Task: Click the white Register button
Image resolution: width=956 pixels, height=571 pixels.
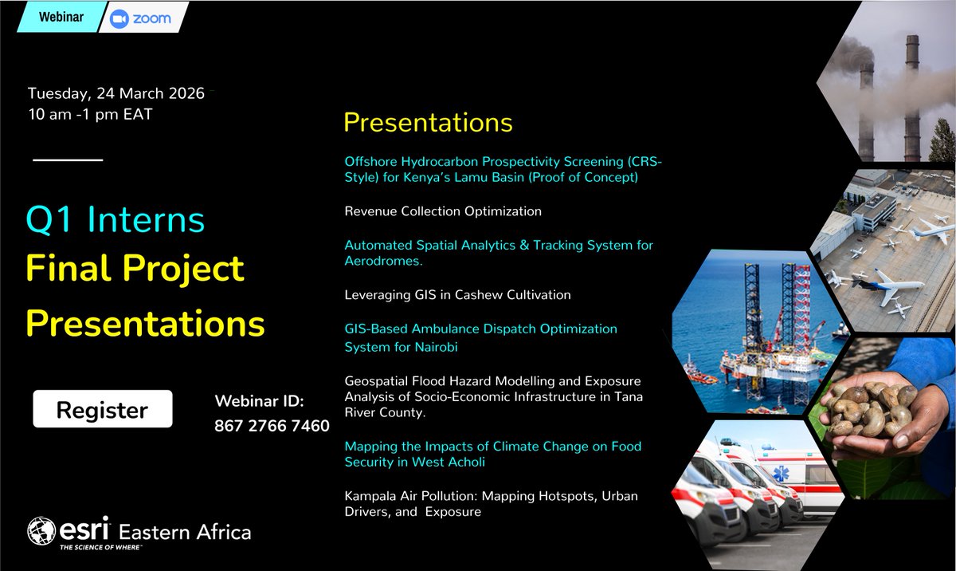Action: coord(102,410)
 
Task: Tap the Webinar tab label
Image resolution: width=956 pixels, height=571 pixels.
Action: coord(61,18)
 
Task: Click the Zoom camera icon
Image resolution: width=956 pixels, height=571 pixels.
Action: coord(120,18)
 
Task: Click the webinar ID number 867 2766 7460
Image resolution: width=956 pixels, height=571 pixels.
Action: coord(272,427)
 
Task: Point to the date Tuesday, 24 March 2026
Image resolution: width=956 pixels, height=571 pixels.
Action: coord(116,93)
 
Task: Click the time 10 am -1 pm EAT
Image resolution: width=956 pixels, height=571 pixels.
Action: coord(89,114)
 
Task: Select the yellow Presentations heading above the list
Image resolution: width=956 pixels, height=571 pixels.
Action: coord(428,122)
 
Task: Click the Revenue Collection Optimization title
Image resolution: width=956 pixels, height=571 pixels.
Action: coord(443,211)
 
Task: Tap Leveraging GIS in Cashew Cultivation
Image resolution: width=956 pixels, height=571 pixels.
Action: coord(457,295)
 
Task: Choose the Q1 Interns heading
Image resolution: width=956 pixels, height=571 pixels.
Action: coord(115,220)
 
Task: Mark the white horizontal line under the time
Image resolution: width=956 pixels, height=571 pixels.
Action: coord(68,160)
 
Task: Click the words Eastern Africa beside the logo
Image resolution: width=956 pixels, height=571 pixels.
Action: coord(184,532)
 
